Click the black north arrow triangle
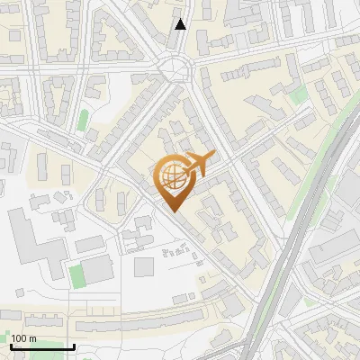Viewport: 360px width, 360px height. click(181, 24)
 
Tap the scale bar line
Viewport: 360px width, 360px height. click(42, 346)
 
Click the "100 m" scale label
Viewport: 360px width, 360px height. click(23, 338)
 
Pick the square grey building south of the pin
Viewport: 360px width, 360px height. click(144, 266)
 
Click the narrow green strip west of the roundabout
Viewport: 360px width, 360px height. click(84, 120)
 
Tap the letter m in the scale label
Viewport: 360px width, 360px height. click(32, 338)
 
